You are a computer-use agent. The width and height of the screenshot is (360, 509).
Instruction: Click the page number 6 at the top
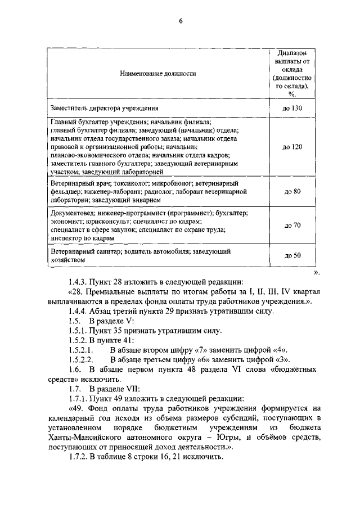[x=181, y=22]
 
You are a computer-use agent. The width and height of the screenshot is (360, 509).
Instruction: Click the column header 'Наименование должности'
[x=157, y=74]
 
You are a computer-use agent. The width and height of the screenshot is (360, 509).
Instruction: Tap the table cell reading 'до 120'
[x=293, y=146]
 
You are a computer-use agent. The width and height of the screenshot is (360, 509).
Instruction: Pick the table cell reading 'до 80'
[x=293, y=192]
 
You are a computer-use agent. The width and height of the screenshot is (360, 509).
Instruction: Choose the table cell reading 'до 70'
[x=293, y=226]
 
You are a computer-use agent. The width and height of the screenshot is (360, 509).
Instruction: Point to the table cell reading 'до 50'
[x=293, y=255]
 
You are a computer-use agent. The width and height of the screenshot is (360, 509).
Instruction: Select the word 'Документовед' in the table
[x=73, y=213]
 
